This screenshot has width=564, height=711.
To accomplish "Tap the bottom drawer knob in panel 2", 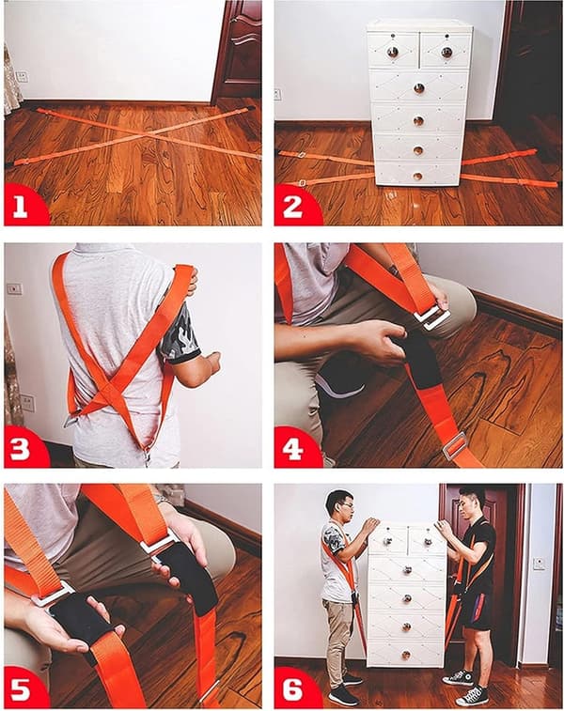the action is (x=417, y=176).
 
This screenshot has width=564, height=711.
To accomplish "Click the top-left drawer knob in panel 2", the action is (x=393, y=53).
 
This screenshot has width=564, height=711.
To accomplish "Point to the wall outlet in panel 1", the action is (x=22, y=76).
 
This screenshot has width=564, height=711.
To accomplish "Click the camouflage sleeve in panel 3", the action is (x=178, y=333).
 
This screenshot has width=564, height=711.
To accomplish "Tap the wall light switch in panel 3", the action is (x=14, y=289).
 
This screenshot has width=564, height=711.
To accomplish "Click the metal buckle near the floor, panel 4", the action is (x=454, y=445).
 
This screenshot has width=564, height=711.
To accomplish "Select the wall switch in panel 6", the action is (x=539, y=564).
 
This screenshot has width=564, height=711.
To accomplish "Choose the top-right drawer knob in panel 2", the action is (x=446, y=53).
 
